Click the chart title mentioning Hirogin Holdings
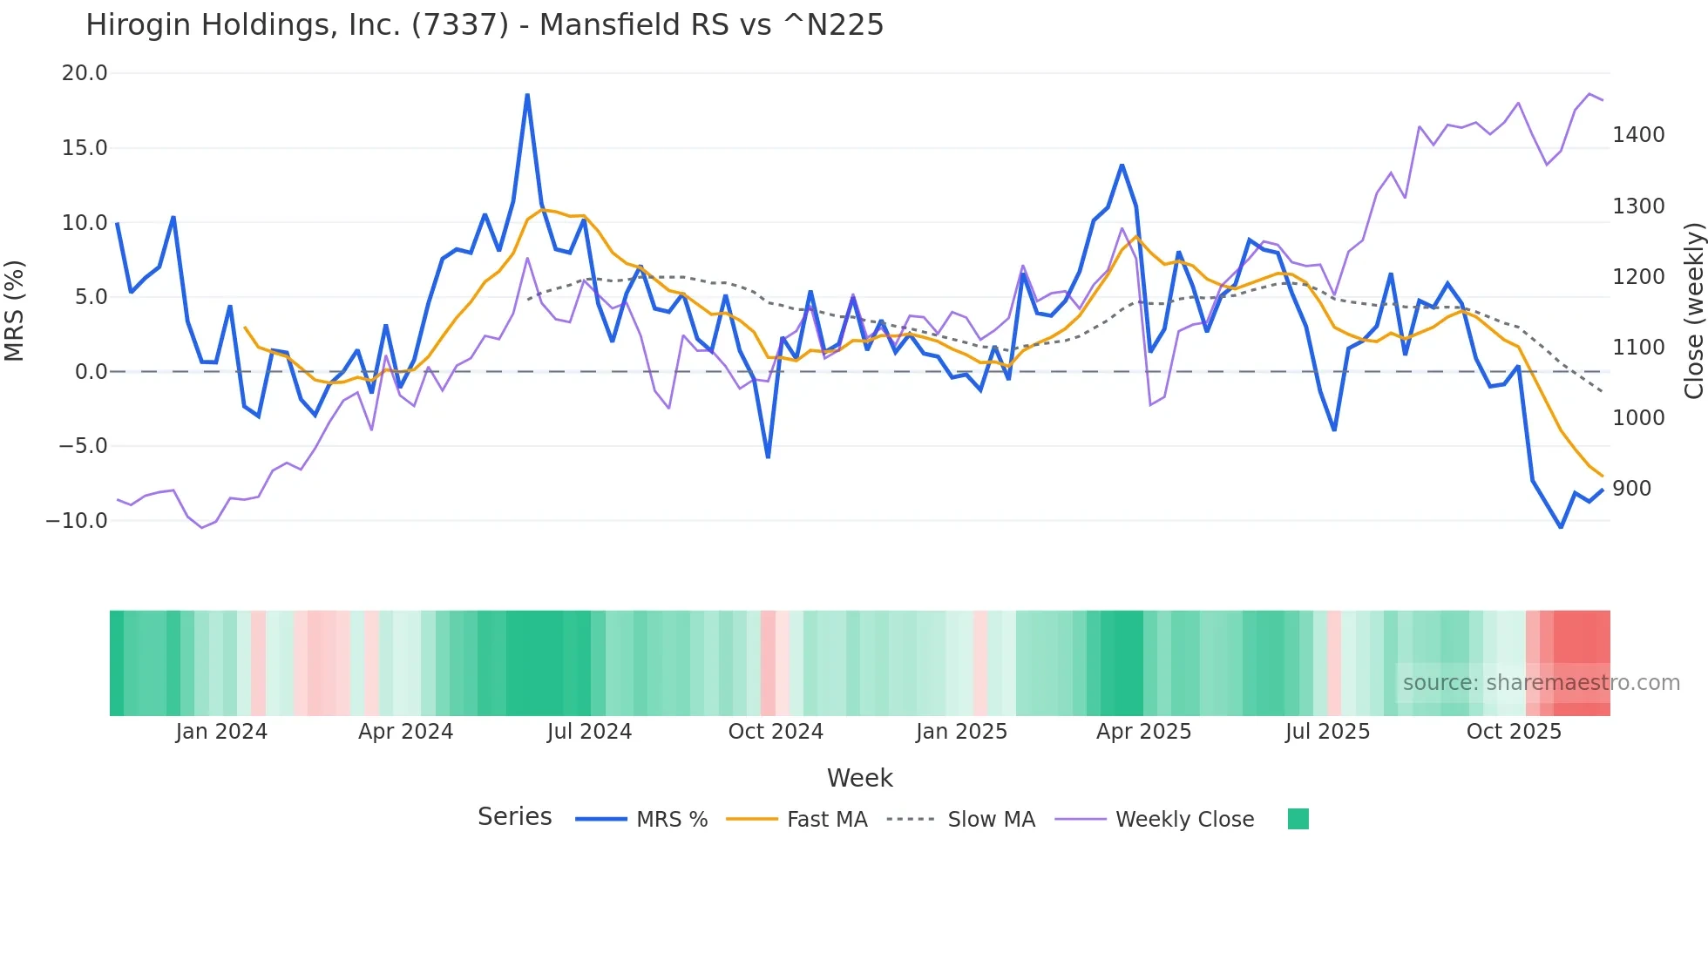485,25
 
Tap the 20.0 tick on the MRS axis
85,73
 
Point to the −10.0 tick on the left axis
77,521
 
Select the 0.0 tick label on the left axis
91,372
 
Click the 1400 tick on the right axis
1638,135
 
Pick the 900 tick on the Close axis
1631,489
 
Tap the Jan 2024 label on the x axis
221,732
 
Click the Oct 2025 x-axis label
1514,732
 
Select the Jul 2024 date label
589,732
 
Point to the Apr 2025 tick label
1143,732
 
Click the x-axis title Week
859,778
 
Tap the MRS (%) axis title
15,310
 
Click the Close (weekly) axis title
1693,310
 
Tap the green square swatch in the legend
1298,819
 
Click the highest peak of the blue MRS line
527,95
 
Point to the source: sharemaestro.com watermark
1541,683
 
